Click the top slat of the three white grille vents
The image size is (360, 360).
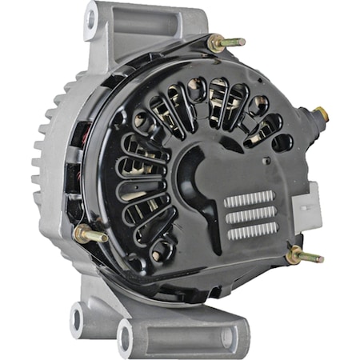[250, 199]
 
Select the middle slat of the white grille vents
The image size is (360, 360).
[250, 215]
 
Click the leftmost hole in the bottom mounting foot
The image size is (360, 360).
[78, 318]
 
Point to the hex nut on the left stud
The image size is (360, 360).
[83, 234]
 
